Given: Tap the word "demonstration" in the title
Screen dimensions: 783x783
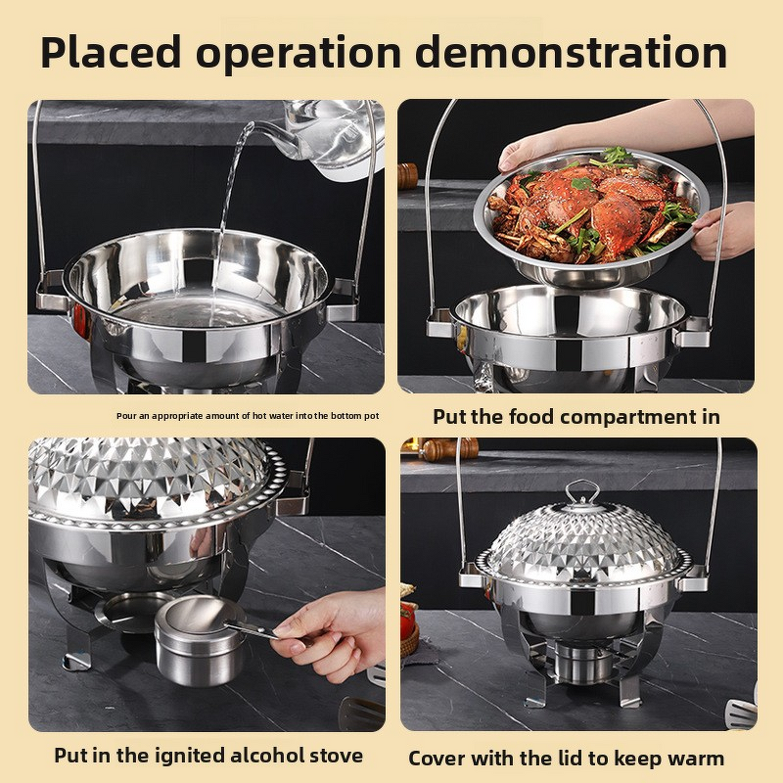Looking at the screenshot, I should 579,53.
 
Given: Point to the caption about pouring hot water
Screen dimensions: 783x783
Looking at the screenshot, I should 248,416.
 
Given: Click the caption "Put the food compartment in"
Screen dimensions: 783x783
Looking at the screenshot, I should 576,417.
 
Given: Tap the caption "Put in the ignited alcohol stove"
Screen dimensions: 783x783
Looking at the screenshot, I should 207,756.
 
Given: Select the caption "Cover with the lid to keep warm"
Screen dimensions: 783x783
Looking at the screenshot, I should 567,758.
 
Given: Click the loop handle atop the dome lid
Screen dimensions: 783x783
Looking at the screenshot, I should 582,491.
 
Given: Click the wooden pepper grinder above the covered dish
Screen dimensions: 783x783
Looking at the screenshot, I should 449,449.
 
